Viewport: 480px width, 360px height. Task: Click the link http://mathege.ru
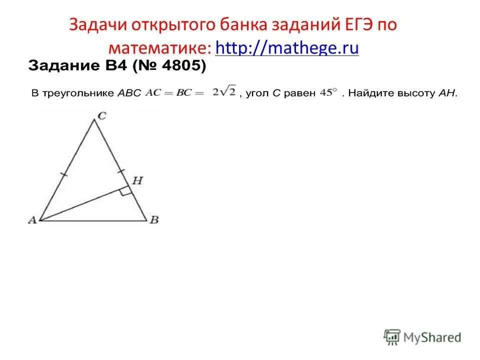(286, 48)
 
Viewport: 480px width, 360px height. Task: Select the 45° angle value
(327, 92)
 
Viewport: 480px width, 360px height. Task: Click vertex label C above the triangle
(101, 116)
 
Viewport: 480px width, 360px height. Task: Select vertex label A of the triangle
(32, 220)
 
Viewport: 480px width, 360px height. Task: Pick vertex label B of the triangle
(154, 220)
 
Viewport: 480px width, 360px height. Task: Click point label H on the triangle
(137, 180)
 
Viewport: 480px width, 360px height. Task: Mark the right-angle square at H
(126, 190)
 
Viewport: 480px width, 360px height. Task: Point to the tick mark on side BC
(121, 171)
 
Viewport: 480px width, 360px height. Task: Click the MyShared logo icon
(392, 337)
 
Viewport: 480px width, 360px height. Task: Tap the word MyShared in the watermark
(432, 337)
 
